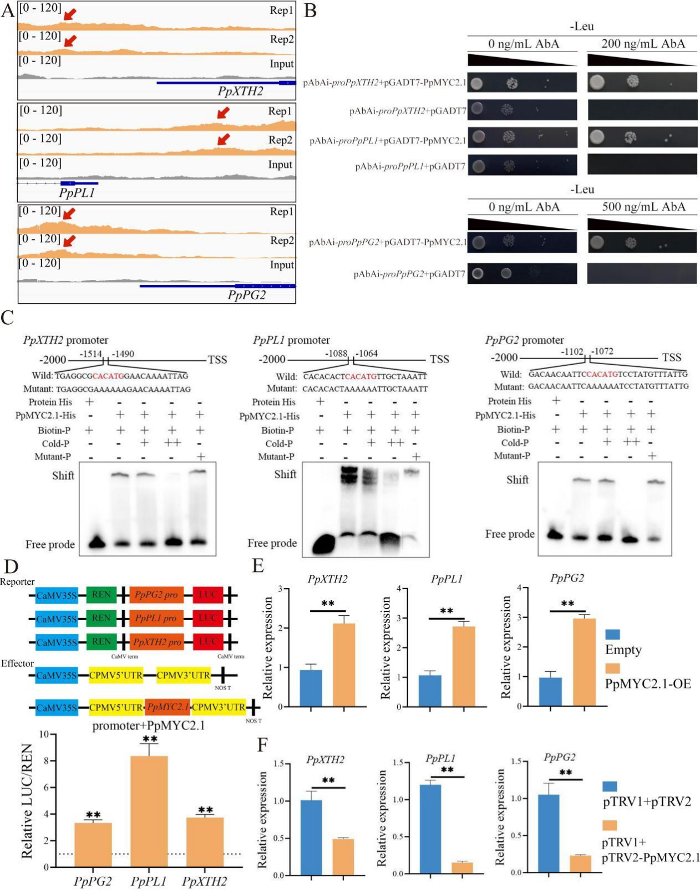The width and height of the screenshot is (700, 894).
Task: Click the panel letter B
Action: tap(311, 11)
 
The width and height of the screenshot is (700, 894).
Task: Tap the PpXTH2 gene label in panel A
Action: tap(240, 91)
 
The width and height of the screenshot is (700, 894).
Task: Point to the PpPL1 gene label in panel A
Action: tap(77, 193)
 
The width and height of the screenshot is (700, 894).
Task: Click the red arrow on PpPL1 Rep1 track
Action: tap(222, 113)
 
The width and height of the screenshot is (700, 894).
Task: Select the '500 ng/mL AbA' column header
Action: tap(643, 207)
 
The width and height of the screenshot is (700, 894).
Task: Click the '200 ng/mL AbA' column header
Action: tap(643, 44)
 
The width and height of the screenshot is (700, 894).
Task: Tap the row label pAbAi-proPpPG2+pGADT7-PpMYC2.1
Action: tap(387, 242)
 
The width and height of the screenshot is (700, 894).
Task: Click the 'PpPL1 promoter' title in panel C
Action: tap(291, 340)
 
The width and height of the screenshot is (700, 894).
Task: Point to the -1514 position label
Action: tap(90, 354)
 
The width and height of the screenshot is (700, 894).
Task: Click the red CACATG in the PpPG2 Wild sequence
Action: tap(601, 374)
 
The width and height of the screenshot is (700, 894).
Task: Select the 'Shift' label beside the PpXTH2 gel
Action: tap(63, 476)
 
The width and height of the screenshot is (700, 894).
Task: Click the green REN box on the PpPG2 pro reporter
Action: tap(101, 595)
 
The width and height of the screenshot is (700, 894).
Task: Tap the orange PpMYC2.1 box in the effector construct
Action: tap(168, 707)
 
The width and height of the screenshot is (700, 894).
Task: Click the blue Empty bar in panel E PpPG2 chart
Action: tap(550, 692)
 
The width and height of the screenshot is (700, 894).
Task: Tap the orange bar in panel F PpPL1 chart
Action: tap(462, 867)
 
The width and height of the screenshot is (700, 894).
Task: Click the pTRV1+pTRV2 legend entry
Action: tap(647, 801)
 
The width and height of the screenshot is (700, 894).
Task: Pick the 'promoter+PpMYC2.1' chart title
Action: tap(148, 725)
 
